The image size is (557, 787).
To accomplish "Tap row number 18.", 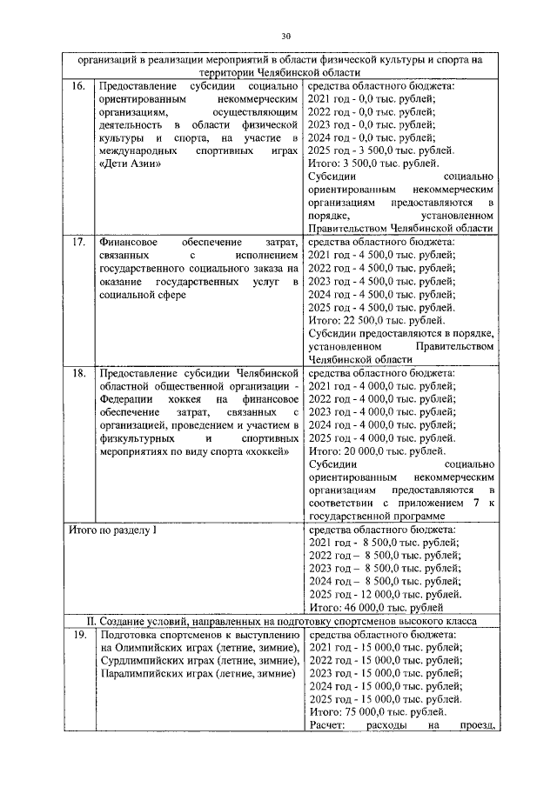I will (77, 373).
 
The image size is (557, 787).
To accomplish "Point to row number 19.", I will (77, 636).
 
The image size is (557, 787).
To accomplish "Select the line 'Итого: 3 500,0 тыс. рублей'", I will (379, 163).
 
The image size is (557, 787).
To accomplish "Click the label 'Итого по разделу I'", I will (112, 530).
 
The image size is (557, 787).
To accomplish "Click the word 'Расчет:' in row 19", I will (327, 725).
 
